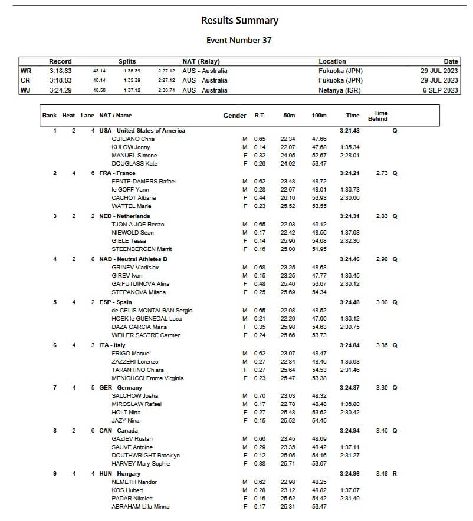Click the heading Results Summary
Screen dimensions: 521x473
[239, 21]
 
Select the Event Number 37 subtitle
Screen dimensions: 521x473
[239, 41]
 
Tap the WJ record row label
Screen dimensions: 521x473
[25, 90]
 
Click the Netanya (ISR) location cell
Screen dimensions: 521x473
[340, 90]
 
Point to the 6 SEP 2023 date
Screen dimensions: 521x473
[441, 90]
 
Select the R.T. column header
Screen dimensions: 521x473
[260, 116]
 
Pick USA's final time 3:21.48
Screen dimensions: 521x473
[350, 131]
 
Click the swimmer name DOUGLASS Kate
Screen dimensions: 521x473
[134, 164]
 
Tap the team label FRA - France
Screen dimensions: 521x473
[117, 173]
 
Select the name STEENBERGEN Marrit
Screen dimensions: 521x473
[142, 249]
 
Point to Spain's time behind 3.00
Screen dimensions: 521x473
[382, 302]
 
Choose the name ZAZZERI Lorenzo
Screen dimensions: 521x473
[135, 362]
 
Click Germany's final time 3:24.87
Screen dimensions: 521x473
[350, 388]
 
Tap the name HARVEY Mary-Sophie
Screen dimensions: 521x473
[141, 464]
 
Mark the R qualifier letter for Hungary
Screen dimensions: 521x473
[395, 474]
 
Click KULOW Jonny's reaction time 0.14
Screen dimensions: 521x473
[260, 147]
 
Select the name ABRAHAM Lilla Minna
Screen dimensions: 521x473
[140, 507]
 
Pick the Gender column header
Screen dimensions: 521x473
[235, 116]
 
